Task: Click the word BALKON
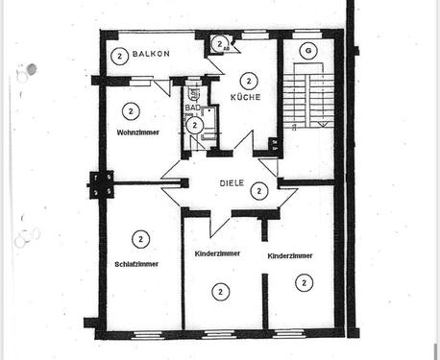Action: (x=153, y=55)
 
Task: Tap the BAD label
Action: (x=193, y=108)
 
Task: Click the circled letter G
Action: (x=306, y=50)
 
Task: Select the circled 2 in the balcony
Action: (x=119, y=55)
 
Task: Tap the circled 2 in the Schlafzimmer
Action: (x=140, y=238)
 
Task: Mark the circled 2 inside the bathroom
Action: (x=195, y=125)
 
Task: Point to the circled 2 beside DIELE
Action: (x=257, y=191)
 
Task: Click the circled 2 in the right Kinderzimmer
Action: (x=304, y=281)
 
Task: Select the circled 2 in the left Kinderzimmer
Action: (x=221, y=290)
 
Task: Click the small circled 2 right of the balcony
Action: (x=220, y=43)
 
